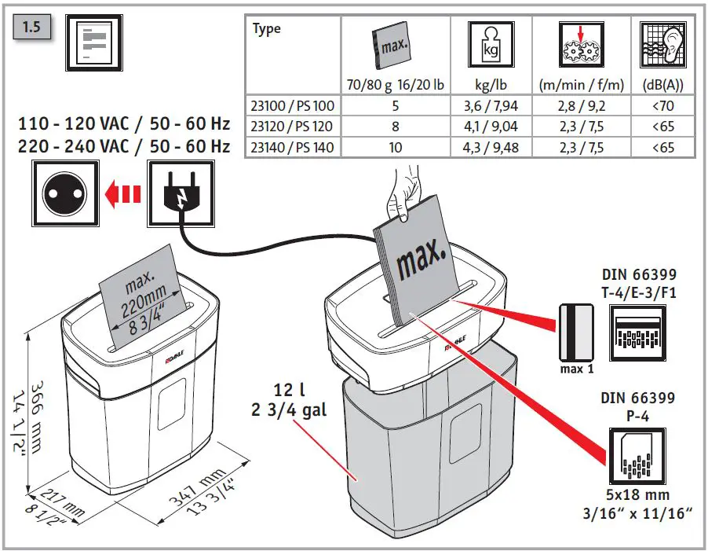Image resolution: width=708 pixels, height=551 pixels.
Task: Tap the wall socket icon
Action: [x=64, y=193]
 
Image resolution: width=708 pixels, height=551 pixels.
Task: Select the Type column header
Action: [x=267, y=29]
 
